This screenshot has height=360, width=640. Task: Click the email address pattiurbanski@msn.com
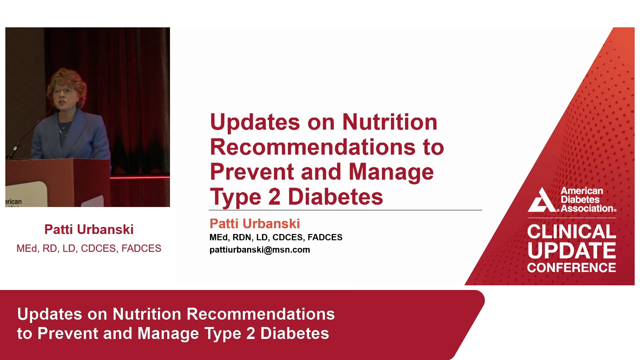point(260,250)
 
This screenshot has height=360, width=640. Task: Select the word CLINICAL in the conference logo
point(572,231)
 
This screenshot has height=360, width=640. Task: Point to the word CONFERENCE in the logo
point(572,268)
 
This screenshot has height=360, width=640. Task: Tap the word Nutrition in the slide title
point(390,122)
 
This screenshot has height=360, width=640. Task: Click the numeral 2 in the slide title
point(274,197)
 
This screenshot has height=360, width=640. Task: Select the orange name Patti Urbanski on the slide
point(255,224)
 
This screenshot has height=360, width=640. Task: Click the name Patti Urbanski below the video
point(89,230)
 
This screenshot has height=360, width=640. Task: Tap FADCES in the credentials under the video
point(141,248)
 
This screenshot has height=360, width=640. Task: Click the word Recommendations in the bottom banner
point(261,314)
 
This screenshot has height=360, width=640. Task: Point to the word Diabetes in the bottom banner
point(295,333)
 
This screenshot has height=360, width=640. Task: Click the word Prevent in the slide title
point(252,172)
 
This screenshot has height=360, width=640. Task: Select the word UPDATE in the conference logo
point(572,251)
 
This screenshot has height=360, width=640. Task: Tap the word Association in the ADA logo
point(588,208)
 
